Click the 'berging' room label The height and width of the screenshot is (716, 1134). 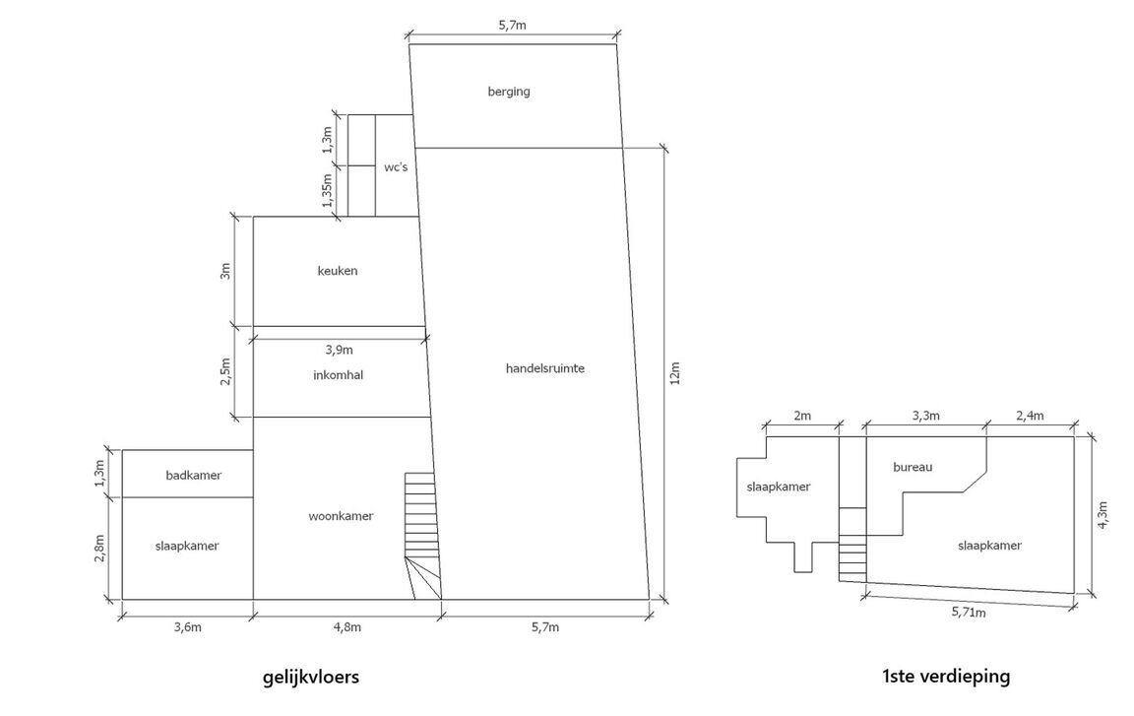click(508, 92)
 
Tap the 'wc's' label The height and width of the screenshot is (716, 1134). click(396, 167)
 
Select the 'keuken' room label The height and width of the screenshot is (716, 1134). click(338, 271)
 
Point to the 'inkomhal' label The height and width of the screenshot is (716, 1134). click(339, 374)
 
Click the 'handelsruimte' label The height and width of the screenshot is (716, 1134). click(545, 368)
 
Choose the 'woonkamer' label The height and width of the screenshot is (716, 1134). click(342, 516)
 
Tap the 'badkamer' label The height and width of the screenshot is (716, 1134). click(194, 475)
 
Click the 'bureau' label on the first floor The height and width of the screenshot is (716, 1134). click(913, 467)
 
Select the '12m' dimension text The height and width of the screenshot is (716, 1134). click(674, 373)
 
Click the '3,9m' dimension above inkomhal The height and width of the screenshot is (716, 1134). click(340, 350)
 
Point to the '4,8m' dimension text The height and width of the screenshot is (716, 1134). click(347, 627)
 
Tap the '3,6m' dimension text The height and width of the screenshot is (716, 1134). click(188, 627)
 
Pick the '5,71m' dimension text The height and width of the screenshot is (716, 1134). click(969, 613)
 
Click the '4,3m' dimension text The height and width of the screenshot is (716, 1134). click(1102, 516)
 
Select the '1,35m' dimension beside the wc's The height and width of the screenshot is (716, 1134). click(327, 189)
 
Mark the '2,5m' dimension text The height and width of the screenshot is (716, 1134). click(225, 371)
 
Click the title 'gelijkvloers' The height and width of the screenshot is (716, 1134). click(311, 677)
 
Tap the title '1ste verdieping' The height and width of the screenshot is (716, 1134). click(946, 677)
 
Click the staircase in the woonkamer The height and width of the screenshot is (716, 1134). click(421, 536)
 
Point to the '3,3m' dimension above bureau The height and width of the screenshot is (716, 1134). click(925, 416)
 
